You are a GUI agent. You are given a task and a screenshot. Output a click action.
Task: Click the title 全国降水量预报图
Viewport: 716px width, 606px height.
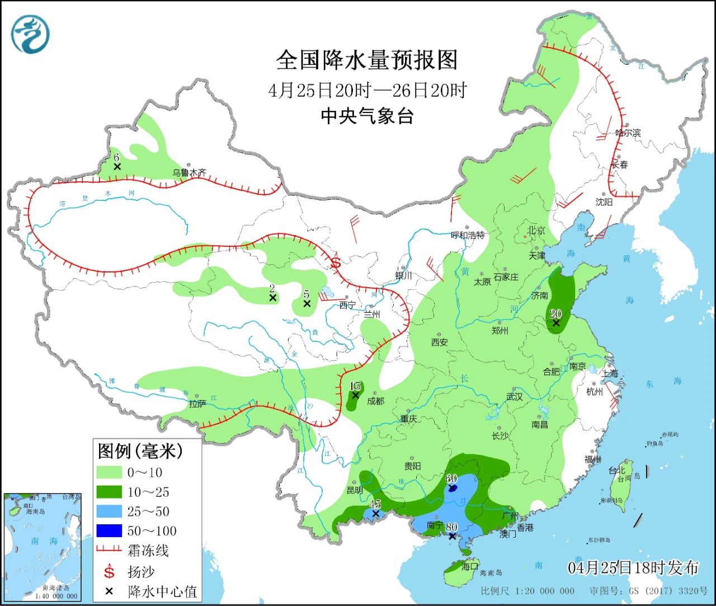click(367, 60)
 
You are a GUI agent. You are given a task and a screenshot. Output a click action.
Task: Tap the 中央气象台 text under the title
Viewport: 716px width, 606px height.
click(367, 116)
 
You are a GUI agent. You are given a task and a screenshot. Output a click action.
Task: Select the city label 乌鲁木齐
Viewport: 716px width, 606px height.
click(189, 173)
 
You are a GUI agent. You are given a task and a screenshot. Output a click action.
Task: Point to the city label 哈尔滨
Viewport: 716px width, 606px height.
click(628, 133)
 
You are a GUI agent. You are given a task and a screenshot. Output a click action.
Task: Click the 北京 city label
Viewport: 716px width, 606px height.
click(536, 230)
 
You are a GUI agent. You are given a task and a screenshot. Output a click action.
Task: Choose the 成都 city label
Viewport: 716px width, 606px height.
click(375, 401)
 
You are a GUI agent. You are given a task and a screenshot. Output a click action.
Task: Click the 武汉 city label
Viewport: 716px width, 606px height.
click(514, 396)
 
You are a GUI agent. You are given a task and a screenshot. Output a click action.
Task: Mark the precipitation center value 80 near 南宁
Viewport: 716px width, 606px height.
click(451, 527)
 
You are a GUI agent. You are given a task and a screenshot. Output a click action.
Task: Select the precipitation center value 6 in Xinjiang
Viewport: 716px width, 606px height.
click(117, 158)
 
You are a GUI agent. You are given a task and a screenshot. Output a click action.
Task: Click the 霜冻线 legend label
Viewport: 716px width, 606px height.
click(148, 551)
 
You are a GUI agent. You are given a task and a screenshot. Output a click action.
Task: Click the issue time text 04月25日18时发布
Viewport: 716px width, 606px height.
click(633, 567)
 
